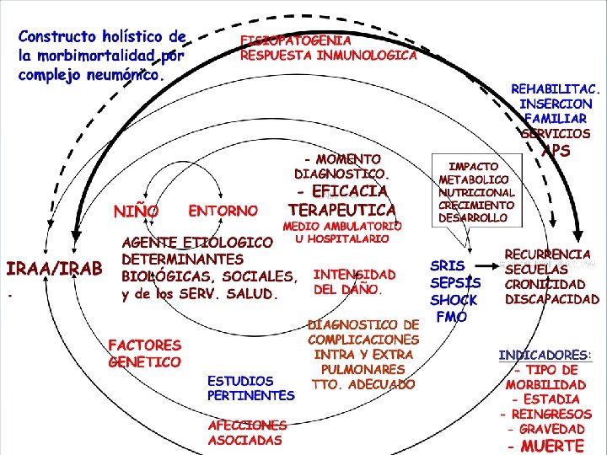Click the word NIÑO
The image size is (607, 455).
click(136, 210)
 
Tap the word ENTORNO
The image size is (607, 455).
click(223, 209)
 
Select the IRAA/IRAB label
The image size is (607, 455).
click(54, 269)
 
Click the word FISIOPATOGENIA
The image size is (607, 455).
click(296, 40)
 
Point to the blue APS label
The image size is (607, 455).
click(556, 152)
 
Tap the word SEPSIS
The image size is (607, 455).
click(455, 283)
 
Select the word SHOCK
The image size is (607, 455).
click(454, 300)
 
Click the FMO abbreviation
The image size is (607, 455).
click(452, 318)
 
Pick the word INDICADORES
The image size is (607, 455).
click(545, 356)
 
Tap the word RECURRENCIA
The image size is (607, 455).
click(548, 254)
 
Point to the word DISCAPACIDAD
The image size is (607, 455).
click(552, 299)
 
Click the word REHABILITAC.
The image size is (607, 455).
click(556, 88)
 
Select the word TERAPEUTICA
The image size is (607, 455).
click(342, 208)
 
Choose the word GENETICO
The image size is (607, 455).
click(144, 361)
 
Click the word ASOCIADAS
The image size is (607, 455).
click(245, 440)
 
